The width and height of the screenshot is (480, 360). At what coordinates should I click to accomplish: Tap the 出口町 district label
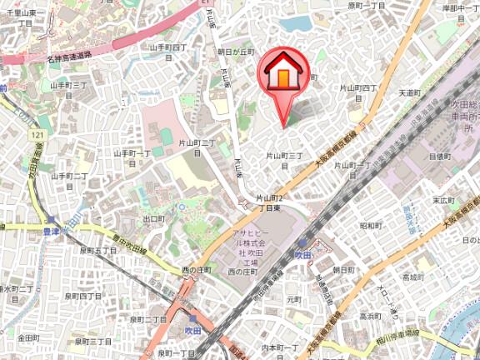click(154, 218)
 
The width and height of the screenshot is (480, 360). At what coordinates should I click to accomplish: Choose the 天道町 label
click(412, 92)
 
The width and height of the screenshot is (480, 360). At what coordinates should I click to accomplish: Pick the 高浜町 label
click(370, 316)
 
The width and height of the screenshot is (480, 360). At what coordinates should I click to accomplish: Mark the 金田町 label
click(28, 337)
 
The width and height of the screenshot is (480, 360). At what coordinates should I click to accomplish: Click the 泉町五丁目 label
click(97, 250)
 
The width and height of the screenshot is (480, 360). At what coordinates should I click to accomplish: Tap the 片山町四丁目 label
click(359, 92)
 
